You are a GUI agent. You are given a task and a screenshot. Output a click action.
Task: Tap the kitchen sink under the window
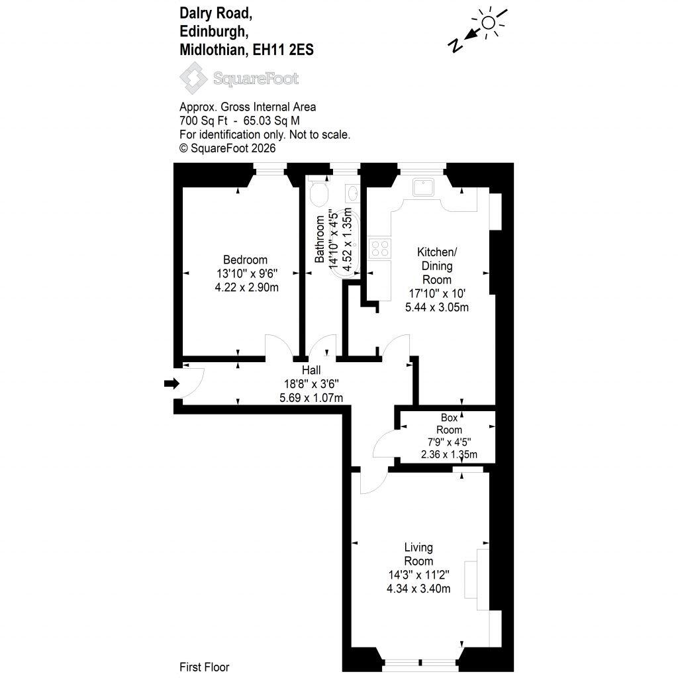[x=423, y=187]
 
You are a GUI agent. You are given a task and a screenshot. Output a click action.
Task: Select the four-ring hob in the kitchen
[x=380, y=248]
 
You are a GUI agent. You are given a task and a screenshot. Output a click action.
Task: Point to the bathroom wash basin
[x=352, y=193]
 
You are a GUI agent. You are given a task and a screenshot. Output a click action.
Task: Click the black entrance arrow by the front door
[x=171, y=383]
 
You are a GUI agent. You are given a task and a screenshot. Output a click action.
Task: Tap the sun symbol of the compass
[x=489, y=22]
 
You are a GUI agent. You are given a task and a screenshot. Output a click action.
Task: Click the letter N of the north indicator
[x=456, y=44]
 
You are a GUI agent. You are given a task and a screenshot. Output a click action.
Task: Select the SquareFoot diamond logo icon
[x=194, y=78]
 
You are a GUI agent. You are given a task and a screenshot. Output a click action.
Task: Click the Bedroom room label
[x=245, y=260]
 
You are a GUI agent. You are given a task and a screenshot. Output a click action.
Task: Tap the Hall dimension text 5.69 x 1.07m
[x=311, y=398]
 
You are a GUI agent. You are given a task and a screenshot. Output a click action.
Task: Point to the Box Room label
[x=450, y=424]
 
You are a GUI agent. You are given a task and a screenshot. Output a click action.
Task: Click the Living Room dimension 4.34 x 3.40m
[x=418, y=589]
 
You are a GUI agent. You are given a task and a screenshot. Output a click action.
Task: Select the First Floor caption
[x=204, y=667]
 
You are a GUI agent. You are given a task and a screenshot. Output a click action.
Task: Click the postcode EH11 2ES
[x=283, y=50]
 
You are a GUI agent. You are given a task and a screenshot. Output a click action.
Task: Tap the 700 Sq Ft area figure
[x=203, y=121]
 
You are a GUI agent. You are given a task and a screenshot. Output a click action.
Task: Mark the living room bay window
[x=420, y=662]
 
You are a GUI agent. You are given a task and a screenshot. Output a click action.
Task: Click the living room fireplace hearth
[x=471, y=580]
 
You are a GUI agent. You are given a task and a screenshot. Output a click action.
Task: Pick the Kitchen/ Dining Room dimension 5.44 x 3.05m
[x=437, y=307]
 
